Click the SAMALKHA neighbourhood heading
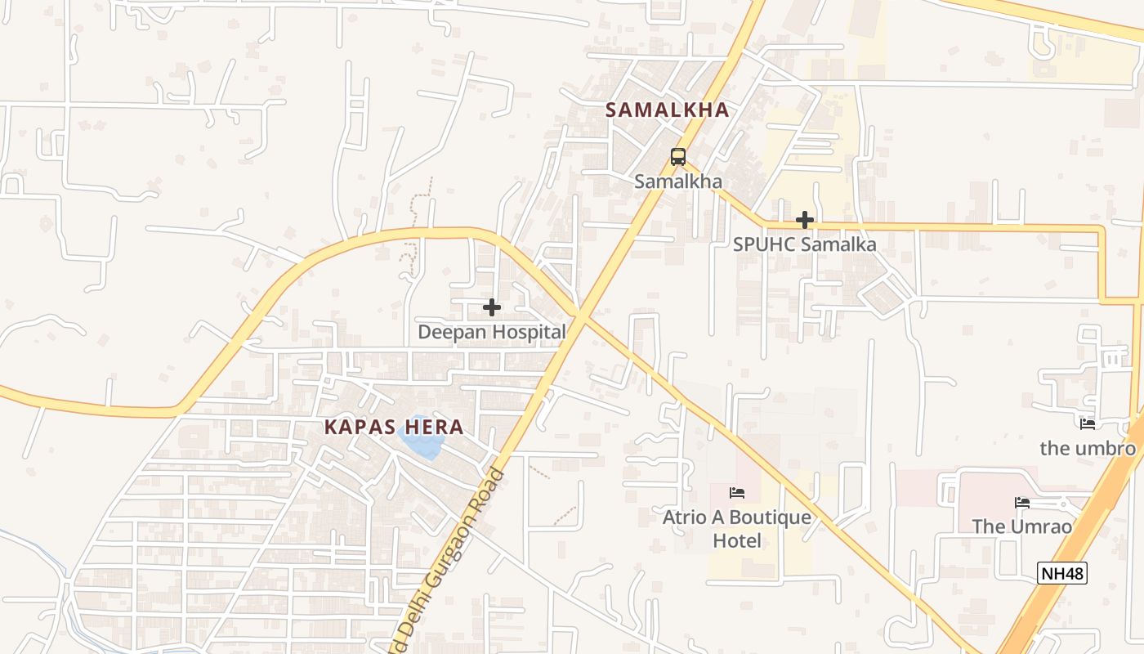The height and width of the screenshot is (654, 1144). [667, 110]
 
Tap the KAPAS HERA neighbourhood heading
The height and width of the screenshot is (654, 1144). [394, 427]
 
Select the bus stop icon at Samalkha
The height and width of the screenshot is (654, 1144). [677, 156]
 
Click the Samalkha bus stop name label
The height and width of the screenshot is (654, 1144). [678, 181]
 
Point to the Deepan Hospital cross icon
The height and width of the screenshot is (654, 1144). [492, 307]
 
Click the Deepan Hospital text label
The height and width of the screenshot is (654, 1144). [492, 332]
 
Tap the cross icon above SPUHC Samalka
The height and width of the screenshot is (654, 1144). [805, 220]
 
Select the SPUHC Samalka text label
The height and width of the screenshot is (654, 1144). [804, 244]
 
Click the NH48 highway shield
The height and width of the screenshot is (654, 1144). [1062, 573]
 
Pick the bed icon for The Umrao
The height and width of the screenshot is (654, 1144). [1021, 502]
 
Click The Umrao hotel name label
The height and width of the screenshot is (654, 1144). [1021, 526]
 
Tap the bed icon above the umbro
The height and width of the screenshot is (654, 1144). [1087, 424]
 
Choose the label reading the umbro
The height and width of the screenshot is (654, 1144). [1088, 449]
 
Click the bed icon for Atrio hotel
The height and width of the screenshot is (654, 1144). [737, 492]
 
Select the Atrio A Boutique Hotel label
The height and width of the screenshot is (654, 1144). [737, 528]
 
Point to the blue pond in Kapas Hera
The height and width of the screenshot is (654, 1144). [422, 441]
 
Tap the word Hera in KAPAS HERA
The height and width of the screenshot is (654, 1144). [433, 427]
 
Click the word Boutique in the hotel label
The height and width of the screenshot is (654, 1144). [770, 517]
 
